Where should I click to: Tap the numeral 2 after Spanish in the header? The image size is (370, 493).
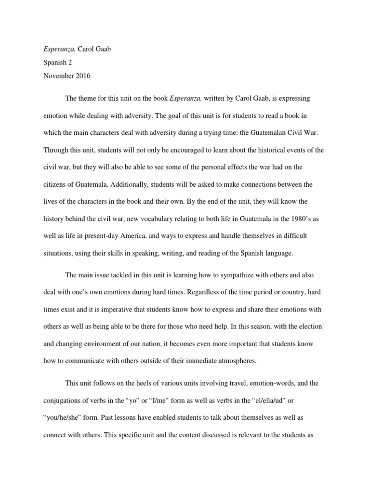(x=65, y=62)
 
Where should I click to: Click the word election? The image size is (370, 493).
(x=311, y=326)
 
